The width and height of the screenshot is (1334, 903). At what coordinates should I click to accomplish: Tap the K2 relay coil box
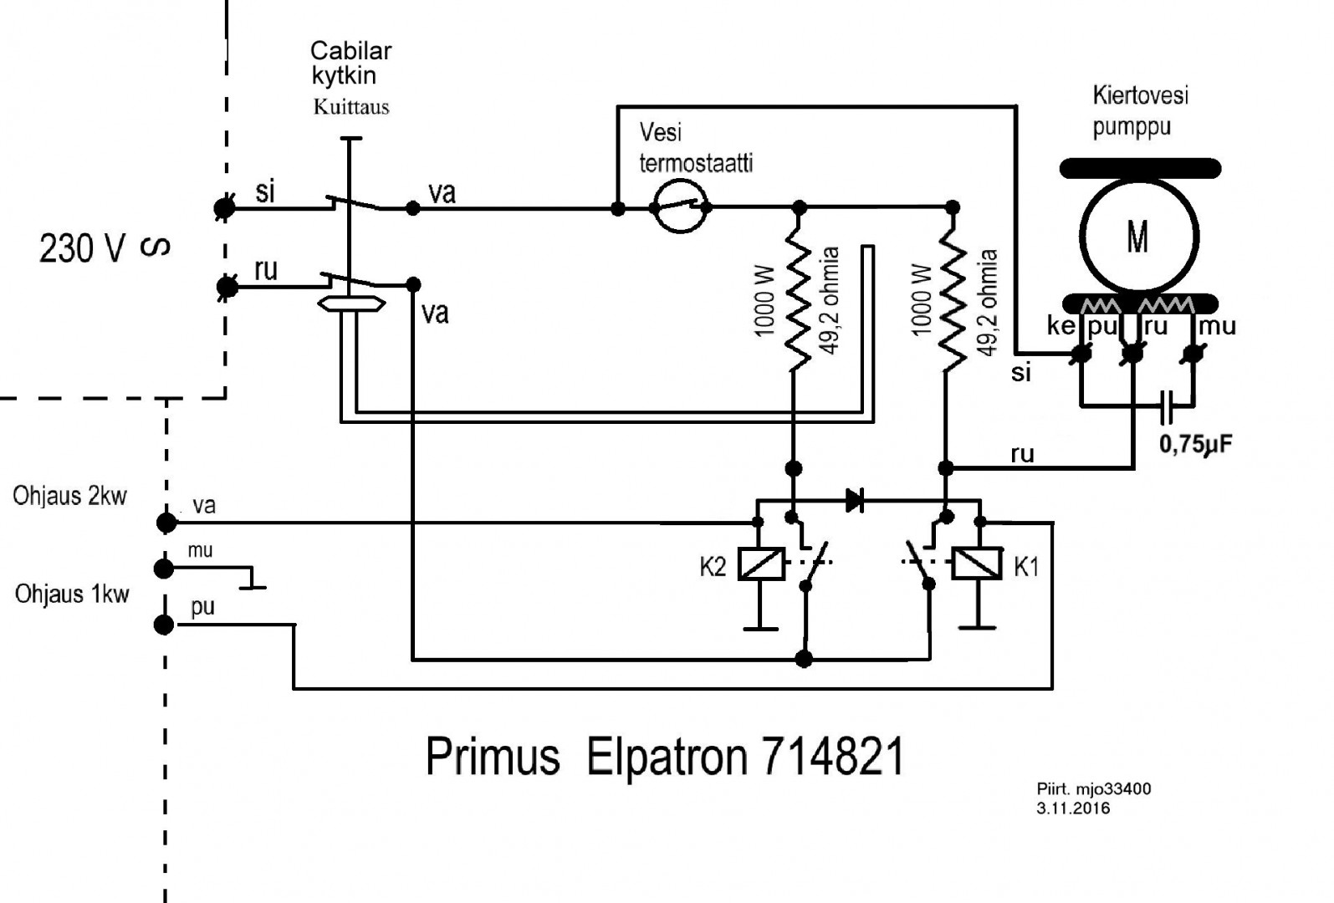click(x=760, y=564)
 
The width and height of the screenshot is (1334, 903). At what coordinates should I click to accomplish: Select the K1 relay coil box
click(x=978, y=564)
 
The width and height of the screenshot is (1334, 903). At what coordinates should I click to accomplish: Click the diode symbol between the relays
click(x=855, y=501)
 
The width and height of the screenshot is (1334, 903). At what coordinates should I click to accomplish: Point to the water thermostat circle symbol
click(x=679, y=207)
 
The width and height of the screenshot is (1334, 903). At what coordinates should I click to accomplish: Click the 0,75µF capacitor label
click(x=1195, y=444)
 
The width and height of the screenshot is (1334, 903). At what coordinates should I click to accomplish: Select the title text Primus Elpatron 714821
click(x=665, y=757)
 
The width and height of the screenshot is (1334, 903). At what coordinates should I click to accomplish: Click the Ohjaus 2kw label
click(x=69, y=496)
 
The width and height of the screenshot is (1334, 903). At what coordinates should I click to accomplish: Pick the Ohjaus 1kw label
click(x=72, y=594)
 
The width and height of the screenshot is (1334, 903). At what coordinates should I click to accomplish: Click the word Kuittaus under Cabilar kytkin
click(x=351, y=107)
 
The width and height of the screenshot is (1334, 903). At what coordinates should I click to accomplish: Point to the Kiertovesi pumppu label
click(x=1139, y=111)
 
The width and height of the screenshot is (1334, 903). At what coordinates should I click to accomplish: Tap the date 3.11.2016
click(x=1073, y=809)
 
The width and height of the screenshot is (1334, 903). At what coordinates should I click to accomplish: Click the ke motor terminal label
click(x=1061, y=326)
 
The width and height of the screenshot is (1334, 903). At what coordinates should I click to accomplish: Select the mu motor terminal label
click(x=1217, y=326)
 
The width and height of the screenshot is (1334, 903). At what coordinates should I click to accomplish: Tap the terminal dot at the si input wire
click(x=224, y=207)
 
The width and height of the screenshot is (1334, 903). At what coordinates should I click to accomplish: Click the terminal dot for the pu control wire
click(x=165, y=625)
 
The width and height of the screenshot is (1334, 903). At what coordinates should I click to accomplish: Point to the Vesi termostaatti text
click(x=695, y=147)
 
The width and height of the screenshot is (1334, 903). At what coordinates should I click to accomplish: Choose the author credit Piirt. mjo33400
click(x=1093, y=789)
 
